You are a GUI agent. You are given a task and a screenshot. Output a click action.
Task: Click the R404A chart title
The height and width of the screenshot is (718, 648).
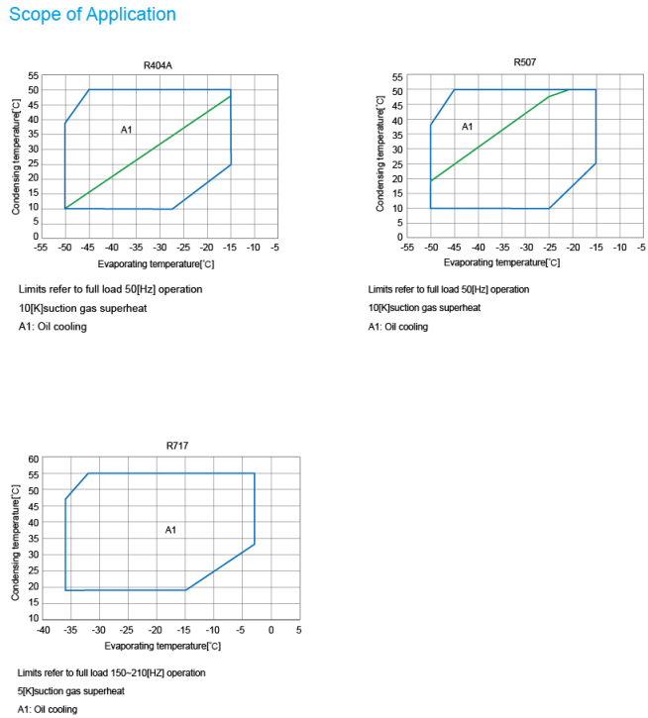[158, 65]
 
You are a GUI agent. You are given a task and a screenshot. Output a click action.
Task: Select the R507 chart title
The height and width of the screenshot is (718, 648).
[525, 62]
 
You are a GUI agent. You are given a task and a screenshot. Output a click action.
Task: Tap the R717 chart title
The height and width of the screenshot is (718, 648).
[177, 446]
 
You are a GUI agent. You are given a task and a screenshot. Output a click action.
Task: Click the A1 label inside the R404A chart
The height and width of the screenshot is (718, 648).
[127, 130]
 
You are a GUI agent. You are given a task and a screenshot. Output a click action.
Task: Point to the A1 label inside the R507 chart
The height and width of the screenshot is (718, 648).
[468, 127]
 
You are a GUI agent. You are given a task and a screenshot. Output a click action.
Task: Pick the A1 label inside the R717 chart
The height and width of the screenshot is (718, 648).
[170, 530]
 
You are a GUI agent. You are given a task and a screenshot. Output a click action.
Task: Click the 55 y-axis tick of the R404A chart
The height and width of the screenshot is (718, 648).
[33, 75]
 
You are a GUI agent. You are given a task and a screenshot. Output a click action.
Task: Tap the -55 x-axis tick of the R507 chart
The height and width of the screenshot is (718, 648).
[407, 248]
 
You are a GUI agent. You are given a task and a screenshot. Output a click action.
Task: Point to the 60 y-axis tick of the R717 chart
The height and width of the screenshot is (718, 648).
[33, 460]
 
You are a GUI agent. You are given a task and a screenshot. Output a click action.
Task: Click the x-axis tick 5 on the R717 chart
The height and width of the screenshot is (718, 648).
[298, 631]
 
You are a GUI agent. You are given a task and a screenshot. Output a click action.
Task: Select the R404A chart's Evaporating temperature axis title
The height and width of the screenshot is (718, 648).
[156, 264]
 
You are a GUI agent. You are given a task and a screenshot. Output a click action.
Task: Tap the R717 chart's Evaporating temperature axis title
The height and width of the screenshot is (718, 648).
[170, 646]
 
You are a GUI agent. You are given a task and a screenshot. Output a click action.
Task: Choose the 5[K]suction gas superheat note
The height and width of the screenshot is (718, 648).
[71, 691]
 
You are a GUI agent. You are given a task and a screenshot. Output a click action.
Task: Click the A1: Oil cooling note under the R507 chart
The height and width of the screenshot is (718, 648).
[398, 327]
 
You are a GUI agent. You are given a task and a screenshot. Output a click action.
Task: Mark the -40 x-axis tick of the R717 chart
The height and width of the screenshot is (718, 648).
[43, 631]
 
